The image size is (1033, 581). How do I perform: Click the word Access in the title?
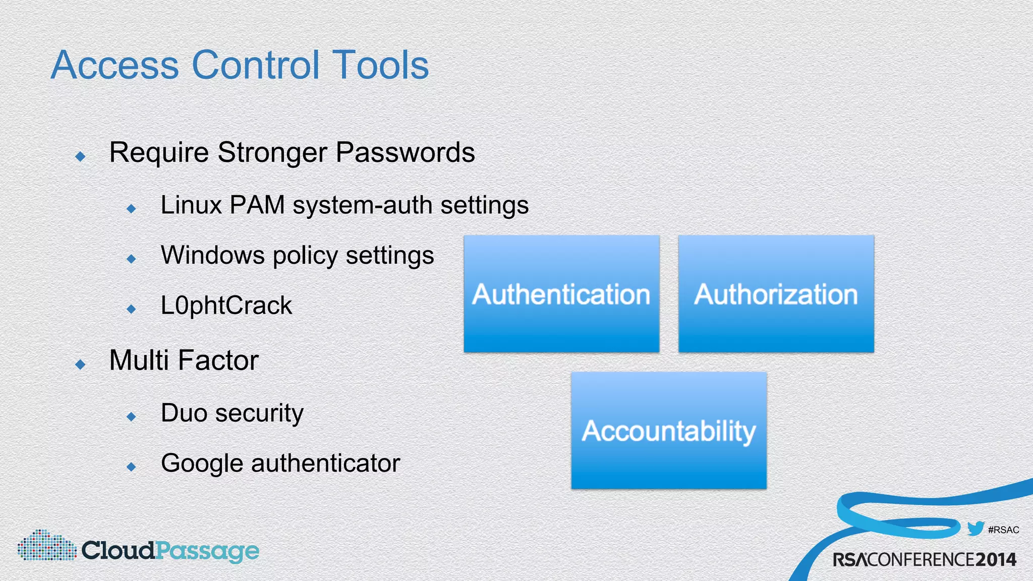pos(115,65)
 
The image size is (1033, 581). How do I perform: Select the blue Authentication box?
pos(561,294)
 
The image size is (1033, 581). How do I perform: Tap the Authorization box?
pos(776,294)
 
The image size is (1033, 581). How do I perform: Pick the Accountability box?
pos(669,431)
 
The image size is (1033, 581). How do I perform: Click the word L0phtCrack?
pos(226,306)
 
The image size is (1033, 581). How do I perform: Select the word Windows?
pos(212,255)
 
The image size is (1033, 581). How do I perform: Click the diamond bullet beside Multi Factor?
pos(80,364)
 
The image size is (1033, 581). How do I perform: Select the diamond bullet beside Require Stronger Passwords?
pos(80,156)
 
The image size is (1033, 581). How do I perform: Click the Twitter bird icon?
pos(975,529)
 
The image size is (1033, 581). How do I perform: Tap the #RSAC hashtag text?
pos(1003,530)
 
